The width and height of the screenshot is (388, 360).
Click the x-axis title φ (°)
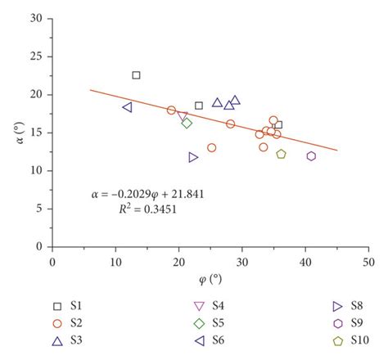tap(210, 277)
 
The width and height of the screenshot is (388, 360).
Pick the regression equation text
tap(147, 195)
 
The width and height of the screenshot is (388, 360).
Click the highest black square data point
tap(136, 75)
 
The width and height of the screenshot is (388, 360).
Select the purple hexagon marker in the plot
tap(311, 156)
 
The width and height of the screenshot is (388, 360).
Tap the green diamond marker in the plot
tap(187, 124)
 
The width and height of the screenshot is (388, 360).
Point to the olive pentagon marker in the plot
tap(281, 154)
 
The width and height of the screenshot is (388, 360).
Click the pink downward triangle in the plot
tap(182, 116)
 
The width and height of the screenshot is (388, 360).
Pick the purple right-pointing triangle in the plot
tap(193, 157)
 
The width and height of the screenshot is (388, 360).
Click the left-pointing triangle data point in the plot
tap(127, 107)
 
